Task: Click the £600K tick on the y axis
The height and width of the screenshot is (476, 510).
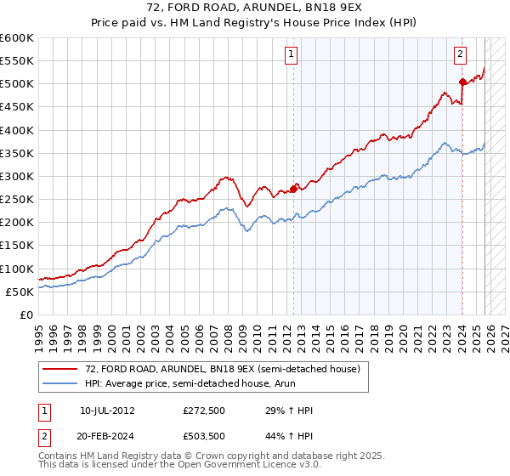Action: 17,38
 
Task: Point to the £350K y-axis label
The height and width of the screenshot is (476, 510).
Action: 17,154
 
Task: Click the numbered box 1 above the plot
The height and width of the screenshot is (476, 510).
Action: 291,54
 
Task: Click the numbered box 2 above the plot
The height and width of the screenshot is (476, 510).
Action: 460,54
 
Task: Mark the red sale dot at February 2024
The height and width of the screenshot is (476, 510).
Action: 462,82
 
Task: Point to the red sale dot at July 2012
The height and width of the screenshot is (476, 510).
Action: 294,189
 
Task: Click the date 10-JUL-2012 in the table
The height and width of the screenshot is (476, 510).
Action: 107,411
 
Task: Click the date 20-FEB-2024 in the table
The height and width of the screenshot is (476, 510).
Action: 107,437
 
